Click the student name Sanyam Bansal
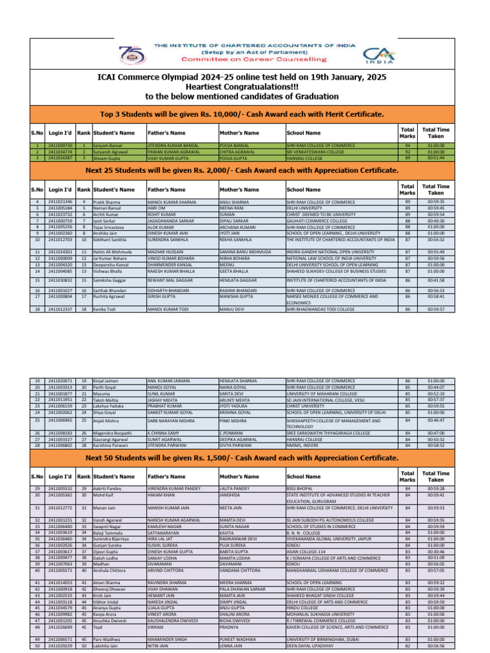coord(108,145)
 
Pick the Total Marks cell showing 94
coord(407,145)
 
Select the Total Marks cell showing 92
coord(407,152)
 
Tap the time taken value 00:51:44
coord(436,158)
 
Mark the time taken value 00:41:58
coord(436,280)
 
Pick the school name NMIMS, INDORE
coord(304,444)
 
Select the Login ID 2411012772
coord(60,507)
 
